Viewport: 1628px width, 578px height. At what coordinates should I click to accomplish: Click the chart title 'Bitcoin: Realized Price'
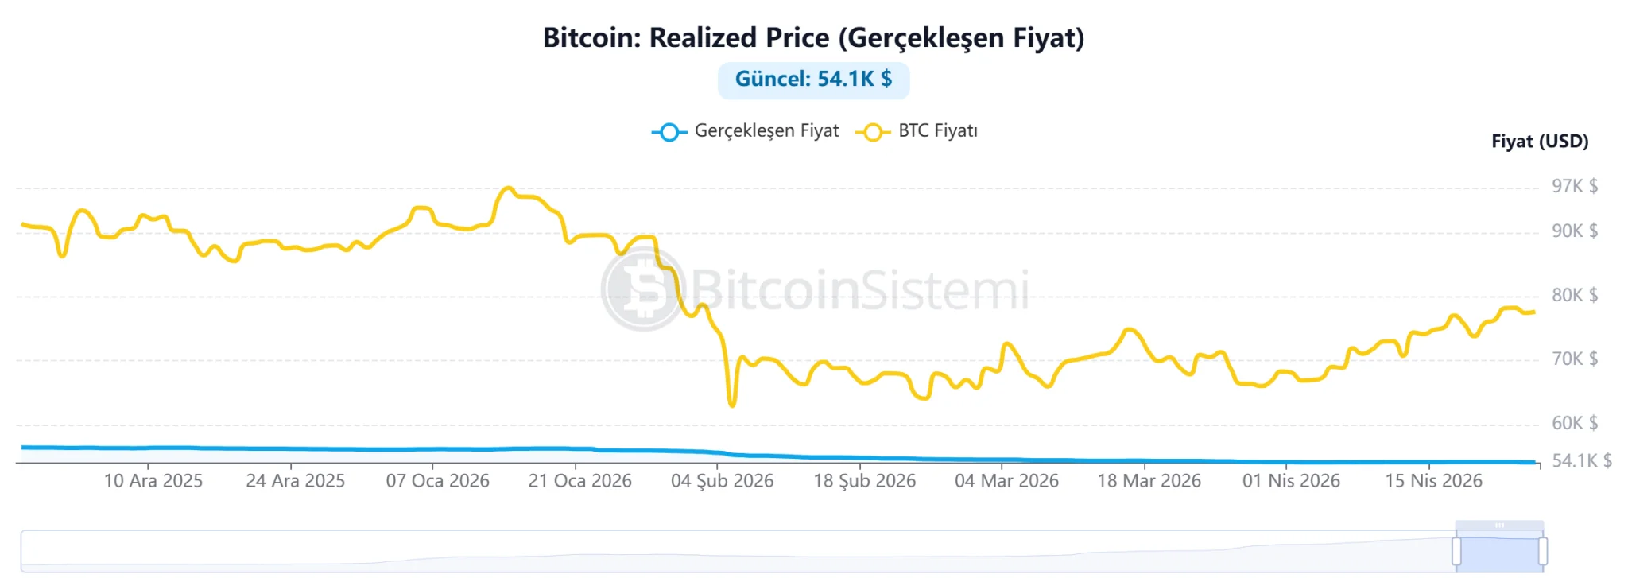813,37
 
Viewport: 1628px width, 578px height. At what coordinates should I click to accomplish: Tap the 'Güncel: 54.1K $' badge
813,80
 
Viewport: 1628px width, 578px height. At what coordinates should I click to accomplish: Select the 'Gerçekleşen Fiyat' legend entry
746,131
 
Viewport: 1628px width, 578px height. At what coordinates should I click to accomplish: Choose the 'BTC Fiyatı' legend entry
917,131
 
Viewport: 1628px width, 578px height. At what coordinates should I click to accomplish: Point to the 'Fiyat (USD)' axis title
1540,142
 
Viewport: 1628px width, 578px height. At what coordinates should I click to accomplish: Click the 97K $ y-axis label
1575,186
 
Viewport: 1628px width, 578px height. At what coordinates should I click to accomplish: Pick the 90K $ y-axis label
1575,231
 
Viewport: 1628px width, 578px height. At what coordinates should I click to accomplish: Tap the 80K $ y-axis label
1575,295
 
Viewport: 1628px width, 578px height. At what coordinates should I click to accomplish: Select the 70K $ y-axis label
1575,359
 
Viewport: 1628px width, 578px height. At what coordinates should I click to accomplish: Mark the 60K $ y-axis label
1575,423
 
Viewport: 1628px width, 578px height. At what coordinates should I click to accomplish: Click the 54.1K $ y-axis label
1582,460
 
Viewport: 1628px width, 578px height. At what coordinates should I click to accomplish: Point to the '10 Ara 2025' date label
153,481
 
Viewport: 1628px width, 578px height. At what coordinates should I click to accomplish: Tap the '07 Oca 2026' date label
438,481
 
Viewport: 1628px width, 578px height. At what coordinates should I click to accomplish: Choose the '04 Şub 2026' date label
722,481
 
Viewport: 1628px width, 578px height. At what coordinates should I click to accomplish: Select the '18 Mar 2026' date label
1149,481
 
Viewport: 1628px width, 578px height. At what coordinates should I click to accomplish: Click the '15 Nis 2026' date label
1433,481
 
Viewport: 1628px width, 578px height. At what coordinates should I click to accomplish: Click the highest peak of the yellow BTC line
507,188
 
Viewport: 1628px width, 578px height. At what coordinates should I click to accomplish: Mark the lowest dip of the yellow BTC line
732,405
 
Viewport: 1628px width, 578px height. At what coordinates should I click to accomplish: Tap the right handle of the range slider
1542,551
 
